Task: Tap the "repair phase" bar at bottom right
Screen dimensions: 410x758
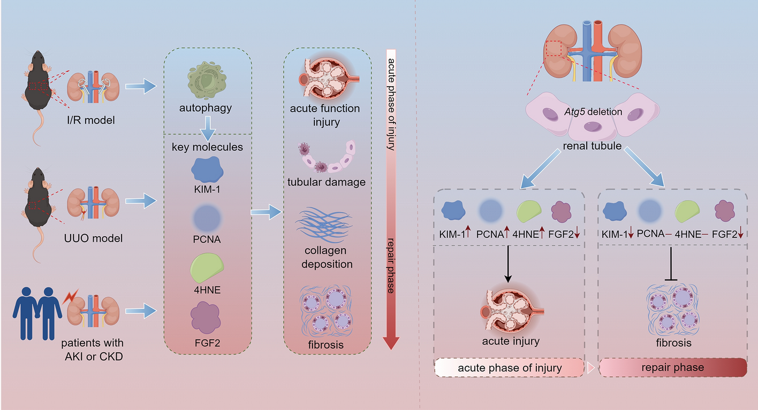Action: (672, 368)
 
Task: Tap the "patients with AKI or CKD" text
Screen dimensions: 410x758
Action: (93, 349)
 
